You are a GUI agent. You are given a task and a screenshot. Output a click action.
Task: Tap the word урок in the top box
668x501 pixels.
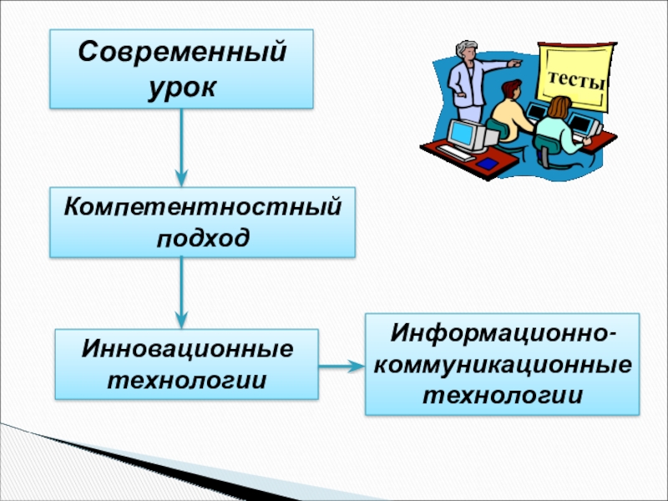pyautogui.click(x=181, y=85)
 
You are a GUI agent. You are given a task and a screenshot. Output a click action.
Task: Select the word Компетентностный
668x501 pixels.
pyautogui.click(x=203, y=205)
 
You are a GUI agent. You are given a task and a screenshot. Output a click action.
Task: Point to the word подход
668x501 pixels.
pyautogui.click(x=202, y=237)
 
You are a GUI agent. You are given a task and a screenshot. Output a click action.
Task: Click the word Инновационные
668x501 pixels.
pyautogui.click(x=187, y=347)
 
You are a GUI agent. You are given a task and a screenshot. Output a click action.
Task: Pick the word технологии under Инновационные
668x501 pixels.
pyautogui.click(x=187, y=379)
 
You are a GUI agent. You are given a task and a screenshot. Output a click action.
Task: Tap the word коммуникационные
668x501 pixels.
pyautogui.click(x=502, y=364)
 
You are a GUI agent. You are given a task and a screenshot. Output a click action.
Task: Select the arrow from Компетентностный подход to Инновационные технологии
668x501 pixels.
pyautogui.click(x=181, y=292)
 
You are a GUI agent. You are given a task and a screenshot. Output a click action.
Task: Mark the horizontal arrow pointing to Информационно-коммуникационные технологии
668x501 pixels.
pyautogui.click(x=342, y=365)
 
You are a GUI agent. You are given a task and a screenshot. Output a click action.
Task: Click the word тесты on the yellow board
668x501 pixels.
pyautogui.click(x=576, y=83)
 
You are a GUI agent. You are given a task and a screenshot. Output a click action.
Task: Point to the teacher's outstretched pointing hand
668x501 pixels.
pyautogui.click(x=515, y=63)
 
